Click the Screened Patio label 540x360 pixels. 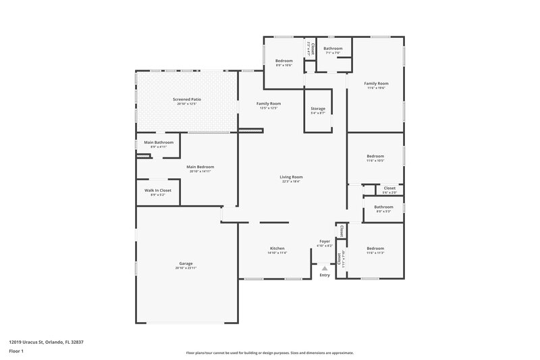[187, 99]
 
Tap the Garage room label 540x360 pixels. [186, 263]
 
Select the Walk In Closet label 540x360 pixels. [158, 190]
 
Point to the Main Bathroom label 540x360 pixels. [159, 143]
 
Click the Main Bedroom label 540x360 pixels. [200, 166]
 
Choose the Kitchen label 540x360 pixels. [277, 249]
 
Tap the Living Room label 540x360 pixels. [291, 177]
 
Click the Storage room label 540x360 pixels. [318, 109]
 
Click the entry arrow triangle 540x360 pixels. [325, 268]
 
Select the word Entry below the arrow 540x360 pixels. [325, 275]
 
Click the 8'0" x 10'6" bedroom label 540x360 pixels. [283, 61]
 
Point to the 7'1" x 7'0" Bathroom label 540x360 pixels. [333, 49]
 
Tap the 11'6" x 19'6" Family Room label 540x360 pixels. [376, 83]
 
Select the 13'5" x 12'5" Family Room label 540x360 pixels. [268, 103]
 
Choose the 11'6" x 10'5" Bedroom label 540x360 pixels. [375, 156]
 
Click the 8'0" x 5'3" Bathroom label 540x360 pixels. [384, 207]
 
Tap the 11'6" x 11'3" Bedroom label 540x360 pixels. [375, 249]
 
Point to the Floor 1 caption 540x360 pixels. [16, 352]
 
